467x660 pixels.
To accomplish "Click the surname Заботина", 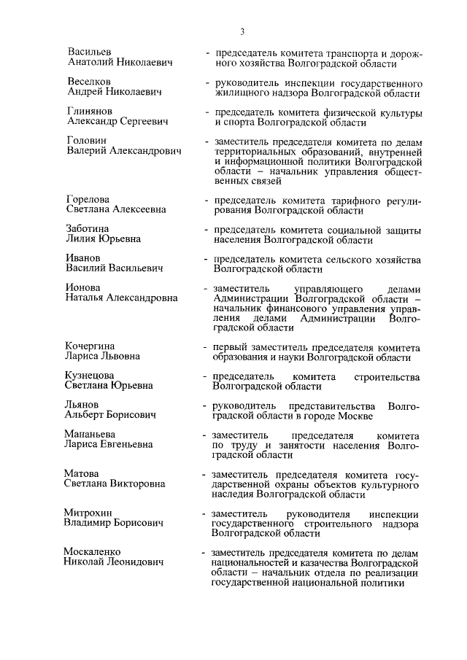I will pos(90,228).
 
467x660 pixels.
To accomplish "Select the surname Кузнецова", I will pos(91,375).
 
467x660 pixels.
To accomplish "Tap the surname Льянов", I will pos(84,405).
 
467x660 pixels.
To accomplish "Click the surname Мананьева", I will pos(93,433).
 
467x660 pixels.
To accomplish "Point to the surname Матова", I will pos(83,473).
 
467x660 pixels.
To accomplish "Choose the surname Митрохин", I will pos(90,512).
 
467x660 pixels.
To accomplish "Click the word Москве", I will pos(355,416).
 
